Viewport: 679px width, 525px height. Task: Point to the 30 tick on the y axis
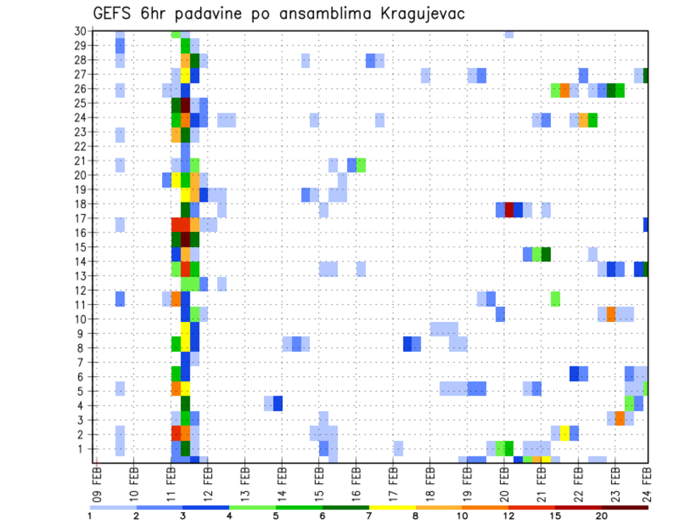(x=80, y=31)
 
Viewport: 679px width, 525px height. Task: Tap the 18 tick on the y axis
(x=80, y=204)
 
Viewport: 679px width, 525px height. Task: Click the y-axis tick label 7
(x=83, y=362)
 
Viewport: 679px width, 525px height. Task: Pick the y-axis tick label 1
(x=83, y=449)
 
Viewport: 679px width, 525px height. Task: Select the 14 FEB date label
(x=282, y=483)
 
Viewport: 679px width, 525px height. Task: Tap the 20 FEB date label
(x=504, y=483)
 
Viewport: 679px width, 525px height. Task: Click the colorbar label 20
(x=601, y=516)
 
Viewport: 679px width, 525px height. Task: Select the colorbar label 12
(x=509, y=516)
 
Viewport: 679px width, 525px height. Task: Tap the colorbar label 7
(x=369, y=516)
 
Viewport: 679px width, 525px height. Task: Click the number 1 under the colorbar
(x=90, y=516)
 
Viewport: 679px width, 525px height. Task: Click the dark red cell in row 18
(x=509, y=209)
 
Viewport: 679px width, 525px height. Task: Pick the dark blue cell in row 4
(x=278, y=403)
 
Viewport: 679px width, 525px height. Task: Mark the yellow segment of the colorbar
(x=392, y=507)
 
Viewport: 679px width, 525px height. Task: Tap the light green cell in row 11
(x=555, y=298)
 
